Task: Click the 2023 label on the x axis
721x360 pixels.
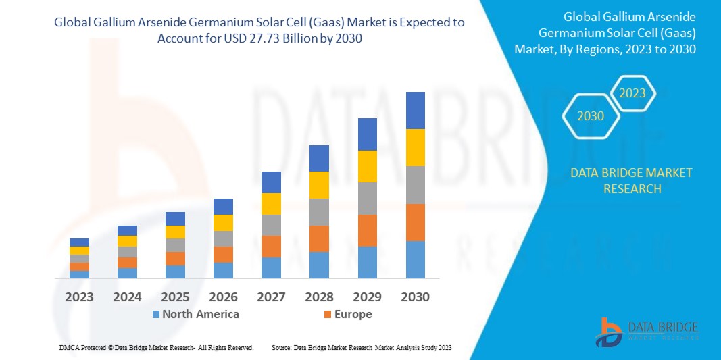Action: coord(79,297)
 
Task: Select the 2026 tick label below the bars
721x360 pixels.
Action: coord(223,297)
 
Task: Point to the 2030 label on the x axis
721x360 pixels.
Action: coord(415,297)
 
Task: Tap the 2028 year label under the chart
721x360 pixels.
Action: coord(319,297)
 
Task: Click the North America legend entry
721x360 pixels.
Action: coord(195,314)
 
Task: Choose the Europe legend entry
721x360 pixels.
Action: coord(347,314)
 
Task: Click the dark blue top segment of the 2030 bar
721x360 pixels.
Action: coord(415,110)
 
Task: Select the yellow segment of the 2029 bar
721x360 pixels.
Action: coord(367,166)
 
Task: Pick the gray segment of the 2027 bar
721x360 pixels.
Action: coord(271,225)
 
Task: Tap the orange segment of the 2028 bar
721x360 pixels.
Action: coord(319,238)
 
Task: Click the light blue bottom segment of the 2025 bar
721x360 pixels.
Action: coord(175,272)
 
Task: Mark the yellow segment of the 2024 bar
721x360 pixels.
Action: coord(127,241)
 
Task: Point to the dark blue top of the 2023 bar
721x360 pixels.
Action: coord(79,242)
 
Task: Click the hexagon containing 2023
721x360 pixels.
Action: coord(632,93)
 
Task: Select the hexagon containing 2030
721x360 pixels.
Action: coord(590,116)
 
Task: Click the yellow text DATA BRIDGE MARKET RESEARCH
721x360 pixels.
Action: coord(631,180)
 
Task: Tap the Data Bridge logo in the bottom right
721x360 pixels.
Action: coord(646,332)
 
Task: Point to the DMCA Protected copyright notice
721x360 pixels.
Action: coord(155,347)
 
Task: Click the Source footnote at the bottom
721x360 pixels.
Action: coord(361,347)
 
